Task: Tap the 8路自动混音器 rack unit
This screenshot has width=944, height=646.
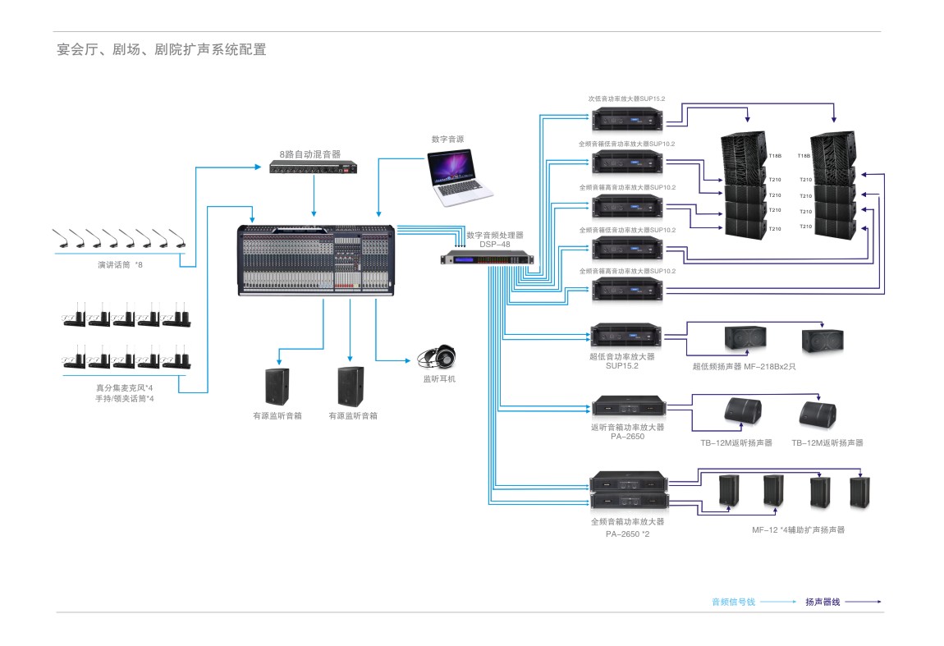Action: (314, 169)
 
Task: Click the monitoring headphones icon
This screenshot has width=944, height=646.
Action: (438, 357)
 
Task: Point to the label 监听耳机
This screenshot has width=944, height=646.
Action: (438, 379)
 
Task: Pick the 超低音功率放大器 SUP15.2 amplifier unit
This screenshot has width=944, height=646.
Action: (626, 335)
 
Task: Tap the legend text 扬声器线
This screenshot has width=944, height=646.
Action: (823, 602)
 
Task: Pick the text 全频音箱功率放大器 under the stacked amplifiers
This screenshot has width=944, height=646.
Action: (627, 521)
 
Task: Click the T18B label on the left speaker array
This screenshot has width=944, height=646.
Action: (776, 155)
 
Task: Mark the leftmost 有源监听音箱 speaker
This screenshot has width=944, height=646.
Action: (277, 386)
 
